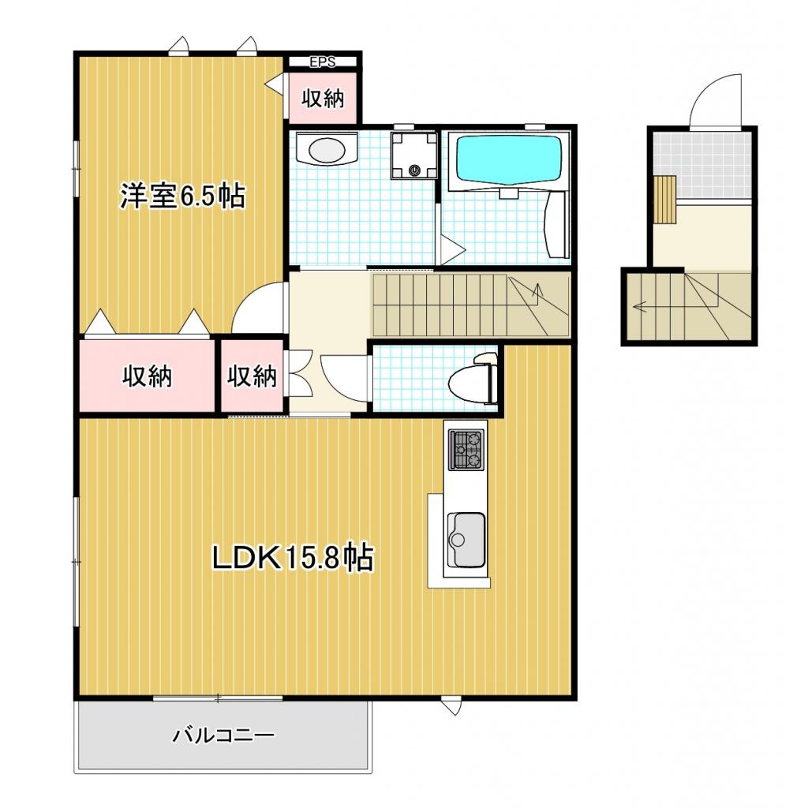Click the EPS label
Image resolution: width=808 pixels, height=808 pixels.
click(323, 62)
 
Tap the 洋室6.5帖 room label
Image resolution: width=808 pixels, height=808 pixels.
click(183, 196)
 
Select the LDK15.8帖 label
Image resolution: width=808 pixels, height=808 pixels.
click(293, 557)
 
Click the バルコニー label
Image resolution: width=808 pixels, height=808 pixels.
click(223, 735)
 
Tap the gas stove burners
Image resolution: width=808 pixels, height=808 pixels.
click(467, 450)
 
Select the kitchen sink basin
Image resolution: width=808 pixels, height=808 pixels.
click(466, 539)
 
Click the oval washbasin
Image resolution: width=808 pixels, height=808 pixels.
click(327, 150)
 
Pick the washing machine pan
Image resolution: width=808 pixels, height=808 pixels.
click(414, 155)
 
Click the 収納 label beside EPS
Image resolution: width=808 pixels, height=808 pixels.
click(323, 98)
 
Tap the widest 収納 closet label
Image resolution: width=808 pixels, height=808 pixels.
click(147, 376)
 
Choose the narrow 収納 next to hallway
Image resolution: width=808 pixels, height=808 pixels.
click(252, 376)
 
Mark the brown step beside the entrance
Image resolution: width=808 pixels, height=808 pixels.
click(664, 200)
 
